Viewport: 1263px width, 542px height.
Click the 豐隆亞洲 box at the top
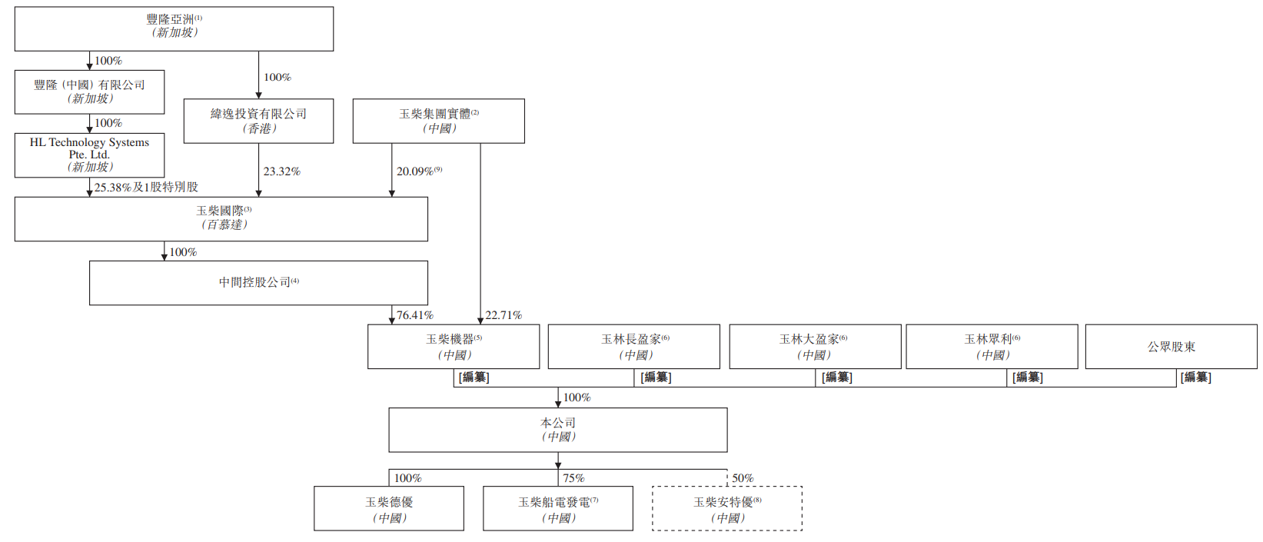click(174, 29)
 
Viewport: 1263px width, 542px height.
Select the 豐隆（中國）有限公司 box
click(89, 92)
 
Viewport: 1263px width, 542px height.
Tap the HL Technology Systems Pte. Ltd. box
click(89, 155)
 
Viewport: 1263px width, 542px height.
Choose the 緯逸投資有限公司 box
click(258, 121)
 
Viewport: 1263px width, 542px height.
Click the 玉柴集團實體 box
click(438, 121)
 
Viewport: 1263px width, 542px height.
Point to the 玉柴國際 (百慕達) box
click(221, 219)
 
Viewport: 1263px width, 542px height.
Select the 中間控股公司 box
click(258, 283)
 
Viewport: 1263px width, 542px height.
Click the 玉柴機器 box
click(454, 347)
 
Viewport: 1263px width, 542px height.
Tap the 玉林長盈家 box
click(634, 347)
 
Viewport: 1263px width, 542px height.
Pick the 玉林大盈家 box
click(815, 347)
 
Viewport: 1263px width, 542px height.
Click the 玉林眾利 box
click(992, 347)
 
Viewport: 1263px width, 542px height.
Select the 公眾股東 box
click(1171, 347)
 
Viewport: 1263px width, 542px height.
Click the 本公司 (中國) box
click(558, 430)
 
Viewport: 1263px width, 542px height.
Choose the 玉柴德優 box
click(389, 508)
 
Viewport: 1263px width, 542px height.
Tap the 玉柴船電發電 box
click(558, 508)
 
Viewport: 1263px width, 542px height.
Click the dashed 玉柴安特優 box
click(727, 508)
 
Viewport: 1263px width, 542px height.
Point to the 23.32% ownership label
click(281, 171)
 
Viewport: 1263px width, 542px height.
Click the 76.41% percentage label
click(415, 315)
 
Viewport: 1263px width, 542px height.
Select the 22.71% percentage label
click(504, 315)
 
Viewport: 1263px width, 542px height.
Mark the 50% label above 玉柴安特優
click(743, 478)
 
